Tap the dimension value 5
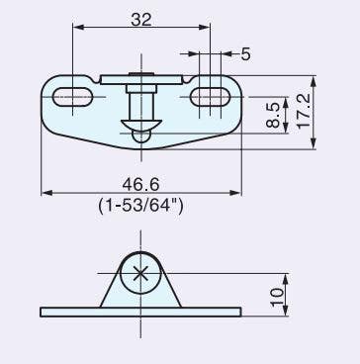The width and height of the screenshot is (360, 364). [244, 54]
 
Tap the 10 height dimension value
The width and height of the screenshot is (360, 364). [278, 292]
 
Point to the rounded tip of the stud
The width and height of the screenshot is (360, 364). [140, 138]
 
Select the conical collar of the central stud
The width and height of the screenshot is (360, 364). [140, 124]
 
